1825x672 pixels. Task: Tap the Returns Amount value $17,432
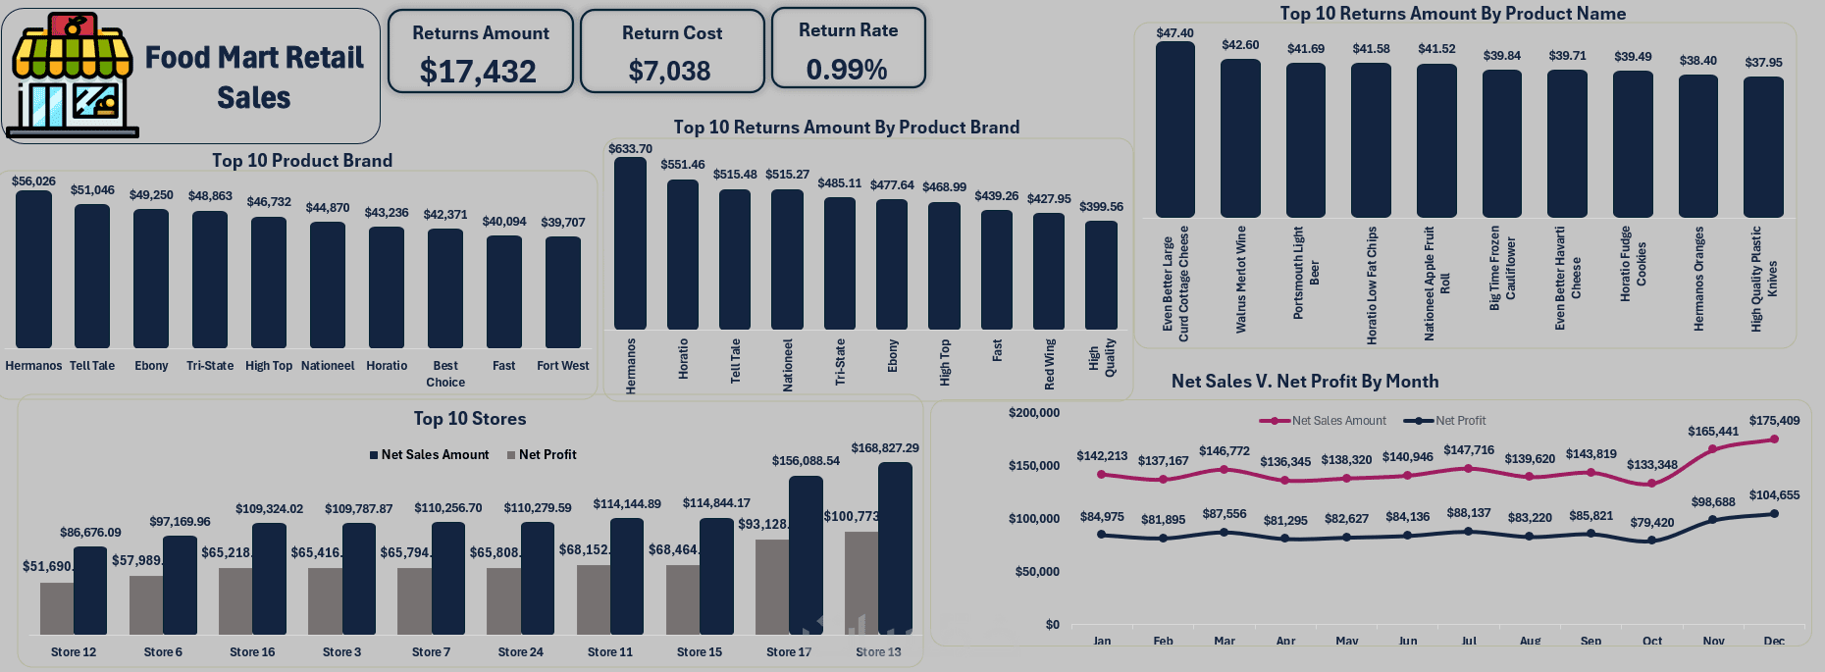tap(478, 72)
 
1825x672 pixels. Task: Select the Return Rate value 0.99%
tap(847, 70)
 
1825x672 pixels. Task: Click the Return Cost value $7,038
tap(669, 72)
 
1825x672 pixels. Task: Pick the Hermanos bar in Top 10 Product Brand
tap(33, 269)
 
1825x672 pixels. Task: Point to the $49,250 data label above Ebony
tap(151, 195)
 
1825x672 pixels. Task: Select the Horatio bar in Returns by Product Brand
tap(683, 254)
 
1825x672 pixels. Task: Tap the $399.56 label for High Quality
tap(1101, 207)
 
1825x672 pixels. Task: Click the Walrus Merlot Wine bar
tap(1240, 138)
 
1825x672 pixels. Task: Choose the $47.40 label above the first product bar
tap(1174, 33)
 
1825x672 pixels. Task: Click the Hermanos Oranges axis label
tap(1698, 279)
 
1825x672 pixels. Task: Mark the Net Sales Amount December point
tap(1774, 439)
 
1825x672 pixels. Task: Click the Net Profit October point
tap(1652, 541)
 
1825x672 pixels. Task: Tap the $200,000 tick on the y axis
tap(1034, 413)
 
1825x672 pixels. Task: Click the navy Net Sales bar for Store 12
tap(90, 590)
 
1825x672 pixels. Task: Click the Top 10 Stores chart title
tap(469, 419)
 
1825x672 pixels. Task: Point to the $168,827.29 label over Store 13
tap(884, 448)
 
